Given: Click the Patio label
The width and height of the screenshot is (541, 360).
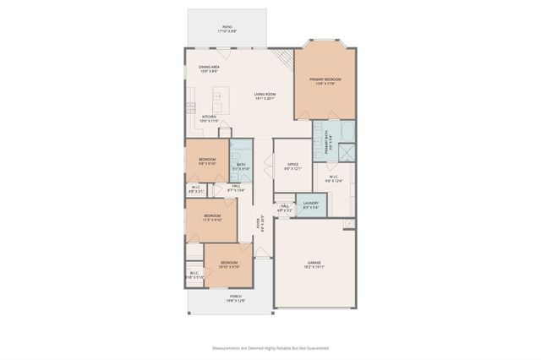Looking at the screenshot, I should pos(227,29).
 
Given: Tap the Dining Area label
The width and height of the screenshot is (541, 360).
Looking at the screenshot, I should pos(210,69).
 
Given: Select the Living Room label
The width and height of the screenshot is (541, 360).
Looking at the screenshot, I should pos(265,96).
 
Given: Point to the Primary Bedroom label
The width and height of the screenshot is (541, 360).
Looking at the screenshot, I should pos(324,81).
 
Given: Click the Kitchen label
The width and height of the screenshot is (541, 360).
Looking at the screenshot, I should pos(209,119).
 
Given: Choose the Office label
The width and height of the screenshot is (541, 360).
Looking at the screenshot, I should pos(292,166).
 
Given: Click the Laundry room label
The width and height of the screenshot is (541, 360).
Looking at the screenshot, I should pos(311,205).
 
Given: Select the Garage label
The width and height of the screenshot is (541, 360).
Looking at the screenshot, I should pos(315,264).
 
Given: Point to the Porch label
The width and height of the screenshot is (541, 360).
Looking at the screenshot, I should pos(236,298).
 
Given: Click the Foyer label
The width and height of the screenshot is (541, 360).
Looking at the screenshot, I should pos(260,226).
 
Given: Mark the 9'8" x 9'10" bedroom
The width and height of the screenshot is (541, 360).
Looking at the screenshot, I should pos(207,161).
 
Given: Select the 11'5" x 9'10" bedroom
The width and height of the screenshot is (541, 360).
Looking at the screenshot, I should pos(212,217).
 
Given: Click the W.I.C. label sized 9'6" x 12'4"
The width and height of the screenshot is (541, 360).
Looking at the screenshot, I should pos(335,178).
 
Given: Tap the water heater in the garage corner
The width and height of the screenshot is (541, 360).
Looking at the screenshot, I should pos(348,223).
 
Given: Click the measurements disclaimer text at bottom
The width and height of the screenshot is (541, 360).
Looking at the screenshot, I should pos(270,347).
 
